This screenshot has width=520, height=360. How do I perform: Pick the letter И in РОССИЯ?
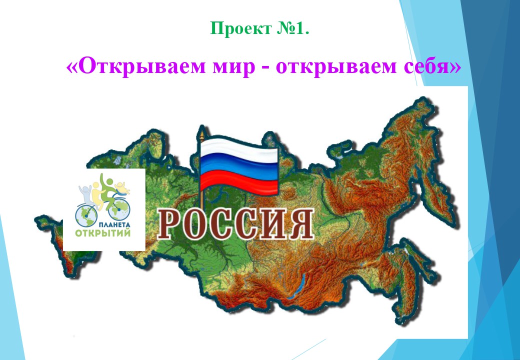(271, 224)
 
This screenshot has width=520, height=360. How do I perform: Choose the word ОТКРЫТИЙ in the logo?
(103, 232)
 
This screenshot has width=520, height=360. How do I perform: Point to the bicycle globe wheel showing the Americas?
(86, 215)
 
